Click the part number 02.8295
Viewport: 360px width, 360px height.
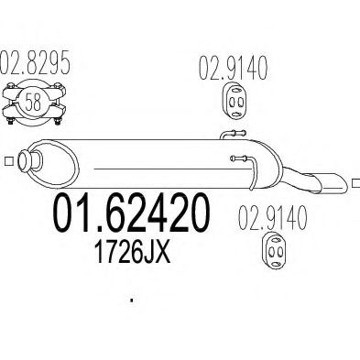(x=39, y=67)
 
